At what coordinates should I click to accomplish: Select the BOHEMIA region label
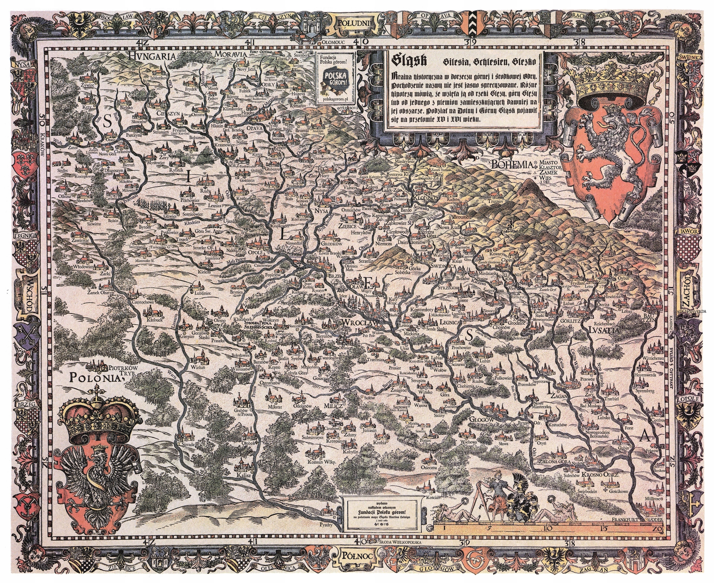tap(512, 164)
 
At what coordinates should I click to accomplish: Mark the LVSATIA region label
tap(604, 330)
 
